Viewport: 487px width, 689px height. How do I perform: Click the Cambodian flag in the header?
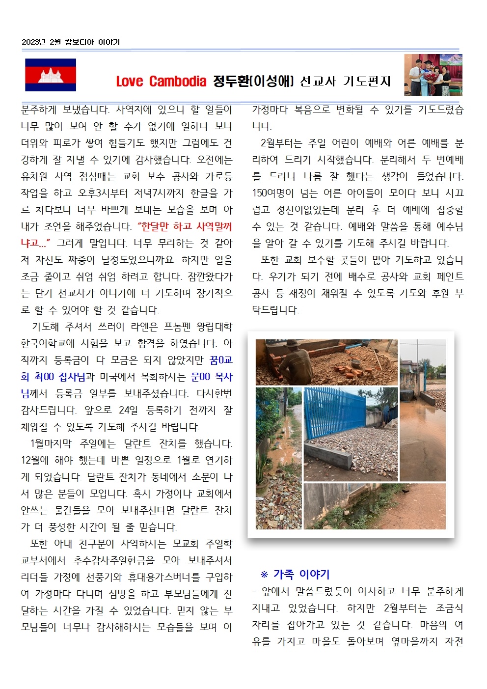point(51,75)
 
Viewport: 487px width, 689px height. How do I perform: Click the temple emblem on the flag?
point(51,75)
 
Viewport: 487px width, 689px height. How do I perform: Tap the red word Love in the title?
point(129,81)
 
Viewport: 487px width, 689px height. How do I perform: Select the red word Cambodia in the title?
point(177,81)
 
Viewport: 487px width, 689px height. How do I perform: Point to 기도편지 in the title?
point(366,81)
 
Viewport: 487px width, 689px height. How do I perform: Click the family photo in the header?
point(433,75)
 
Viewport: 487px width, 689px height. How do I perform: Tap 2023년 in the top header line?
point(34,42)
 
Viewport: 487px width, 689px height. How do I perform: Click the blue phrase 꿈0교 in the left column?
point(220,360)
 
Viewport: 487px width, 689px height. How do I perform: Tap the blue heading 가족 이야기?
point(301,574)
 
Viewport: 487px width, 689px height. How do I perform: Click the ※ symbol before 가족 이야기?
point(264,575)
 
